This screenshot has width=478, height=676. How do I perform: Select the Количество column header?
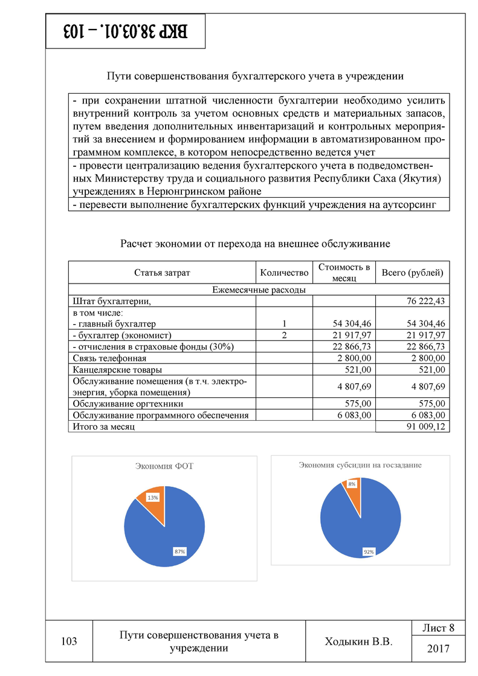[x=284, y=273]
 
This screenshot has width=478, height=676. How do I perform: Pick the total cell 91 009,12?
[x=423, y=427]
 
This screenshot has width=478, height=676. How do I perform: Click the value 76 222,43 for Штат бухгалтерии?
[x=423, y=301]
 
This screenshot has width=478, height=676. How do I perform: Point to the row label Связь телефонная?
[x=101, y=358]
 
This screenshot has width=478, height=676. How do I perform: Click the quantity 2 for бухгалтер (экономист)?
[x=283, y=335]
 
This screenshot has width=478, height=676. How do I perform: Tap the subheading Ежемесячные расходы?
[x=259, y=290]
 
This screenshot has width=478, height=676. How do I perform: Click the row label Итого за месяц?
[x=103, y=427]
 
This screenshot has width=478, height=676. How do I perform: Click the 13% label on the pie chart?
[x=153, y=497]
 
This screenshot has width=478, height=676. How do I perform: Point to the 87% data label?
[x=179, y=551]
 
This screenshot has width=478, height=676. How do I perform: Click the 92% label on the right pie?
[x=368, y=551]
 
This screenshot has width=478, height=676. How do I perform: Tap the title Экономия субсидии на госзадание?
[x=360, y=465]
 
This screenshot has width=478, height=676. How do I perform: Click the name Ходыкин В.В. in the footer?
[x=359, y=642]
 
